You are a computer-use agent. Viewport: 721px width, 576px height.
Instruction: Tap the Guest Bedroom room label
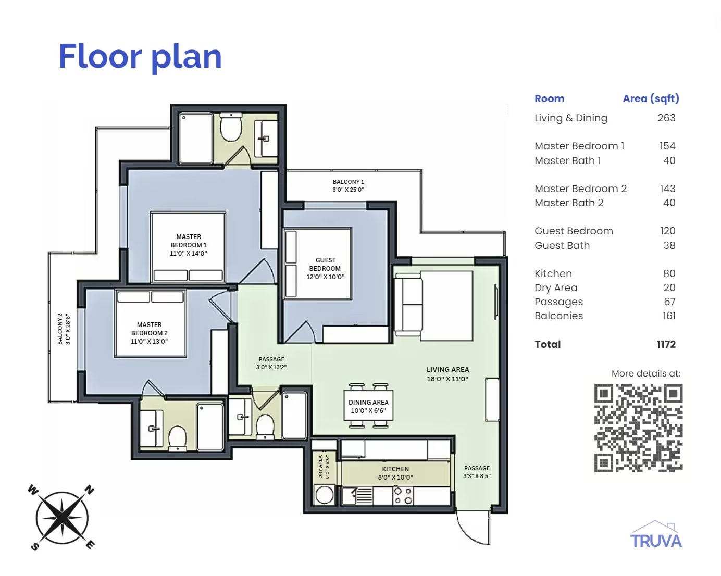pos(325,268)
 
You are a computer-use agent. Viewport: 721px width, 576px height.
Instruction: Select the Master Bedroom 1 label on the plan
pos(188,245)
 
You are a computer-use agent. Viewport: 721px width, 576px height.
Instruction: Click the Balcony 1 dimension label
pos(348,185)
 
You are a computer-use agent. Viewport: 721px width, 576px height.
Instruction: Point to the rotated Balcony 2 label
pos(64,329)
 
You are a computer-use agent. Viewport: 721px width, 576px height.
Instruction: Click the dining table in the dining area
pos(368,406)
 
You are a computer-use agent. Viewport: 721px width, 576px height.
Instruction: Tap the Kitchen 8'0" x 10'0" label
pos(395,473)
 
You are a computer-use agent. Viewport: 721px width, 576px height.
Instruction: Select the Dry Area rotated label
pos(324,467)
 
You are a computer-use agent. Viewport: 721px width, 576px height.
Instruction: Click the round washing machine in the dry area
pos(325,495)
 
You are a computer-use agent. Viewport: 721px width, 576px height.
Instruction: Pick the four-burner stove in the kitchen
pos(403,496)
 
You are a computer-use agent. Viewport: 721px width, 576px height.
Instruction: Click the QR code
pos(638,428)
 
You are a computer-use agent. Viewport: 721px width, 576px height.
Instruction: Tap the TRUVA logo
pos(656,534)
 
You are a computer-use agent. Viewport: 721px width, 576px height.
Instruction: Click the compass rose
pos(62,517)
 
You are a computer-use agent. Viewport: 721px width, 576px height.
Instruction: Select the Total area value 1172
pos(666,344)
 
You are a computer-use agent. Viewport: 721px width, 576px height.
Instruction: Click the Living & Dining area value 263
pos(666,118)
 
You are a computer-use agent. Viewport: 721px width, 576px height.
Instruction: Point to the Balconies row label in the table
pos(558,316)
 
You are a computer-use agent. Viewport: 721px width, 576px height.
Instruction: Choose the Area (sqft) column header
pos(651,98)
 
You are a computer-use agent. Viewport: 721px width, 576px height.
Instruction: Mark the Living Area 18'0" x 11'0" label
pos(447,374)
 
